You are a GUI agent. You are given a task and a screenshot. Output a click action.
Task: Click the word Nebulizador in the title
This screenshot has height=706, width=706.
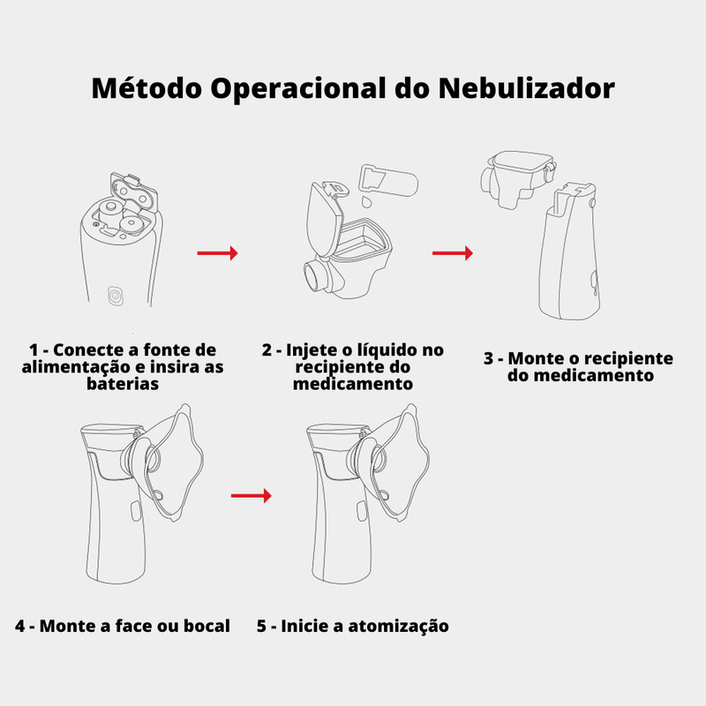[526, 87]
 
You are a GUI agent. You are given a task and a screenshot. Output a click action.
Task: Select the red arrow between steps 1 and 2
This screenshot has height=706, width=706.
[217, 253]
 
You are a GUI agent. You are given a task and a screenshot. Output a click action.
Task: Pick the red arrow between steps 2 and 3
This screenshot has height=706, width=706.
[453, 253]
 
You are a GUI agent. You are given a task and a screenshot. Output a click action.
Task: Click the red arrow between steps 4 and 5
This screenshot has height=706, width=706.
[252, 496]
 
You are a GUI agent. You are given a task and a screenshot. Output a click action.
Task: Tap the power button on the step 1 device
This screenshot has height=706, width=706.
[116, 296]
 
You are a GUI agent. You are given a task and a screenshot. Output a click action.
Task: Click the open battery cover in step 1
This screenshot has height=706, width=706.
[133, 192]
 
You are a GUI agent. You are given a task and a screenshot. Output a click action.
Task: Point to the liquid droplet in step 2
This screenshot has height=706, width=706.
[367, 201]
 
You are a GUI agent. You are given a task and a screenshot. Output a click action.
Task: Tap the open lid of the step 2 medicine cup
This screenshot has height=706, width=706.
[325, 218]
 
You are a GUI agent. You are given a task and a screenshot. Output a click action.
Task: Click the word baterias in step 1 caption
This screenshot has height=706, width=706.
[123, 384]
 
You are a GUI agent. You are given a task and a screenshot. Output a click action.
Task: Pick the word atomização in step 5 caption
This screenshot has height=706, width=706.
[399, 627]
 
